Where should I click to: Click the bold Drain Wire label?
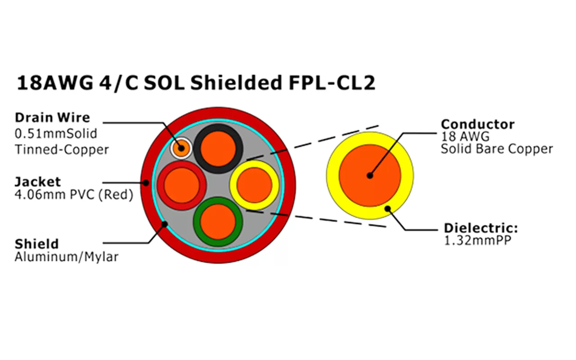[52, 118]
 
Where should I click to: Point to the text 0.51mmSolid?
[56, 134]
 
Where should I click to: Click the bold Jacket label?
[37, 182]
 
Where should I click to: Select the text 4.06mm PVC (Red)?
[74, 195]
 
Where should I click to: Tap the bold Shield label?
[36, 244]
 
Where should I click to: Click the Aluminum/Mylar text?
[67, 257]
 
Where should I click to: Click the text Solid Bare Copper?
[496, 149]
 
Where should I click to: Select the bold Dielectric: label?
[481, 228]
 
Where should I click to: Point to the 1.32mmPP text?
[477, 241]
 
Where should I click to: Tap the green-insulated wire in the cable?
[218, 221]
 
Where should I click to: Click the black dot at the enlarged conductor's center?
[369, 175]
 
